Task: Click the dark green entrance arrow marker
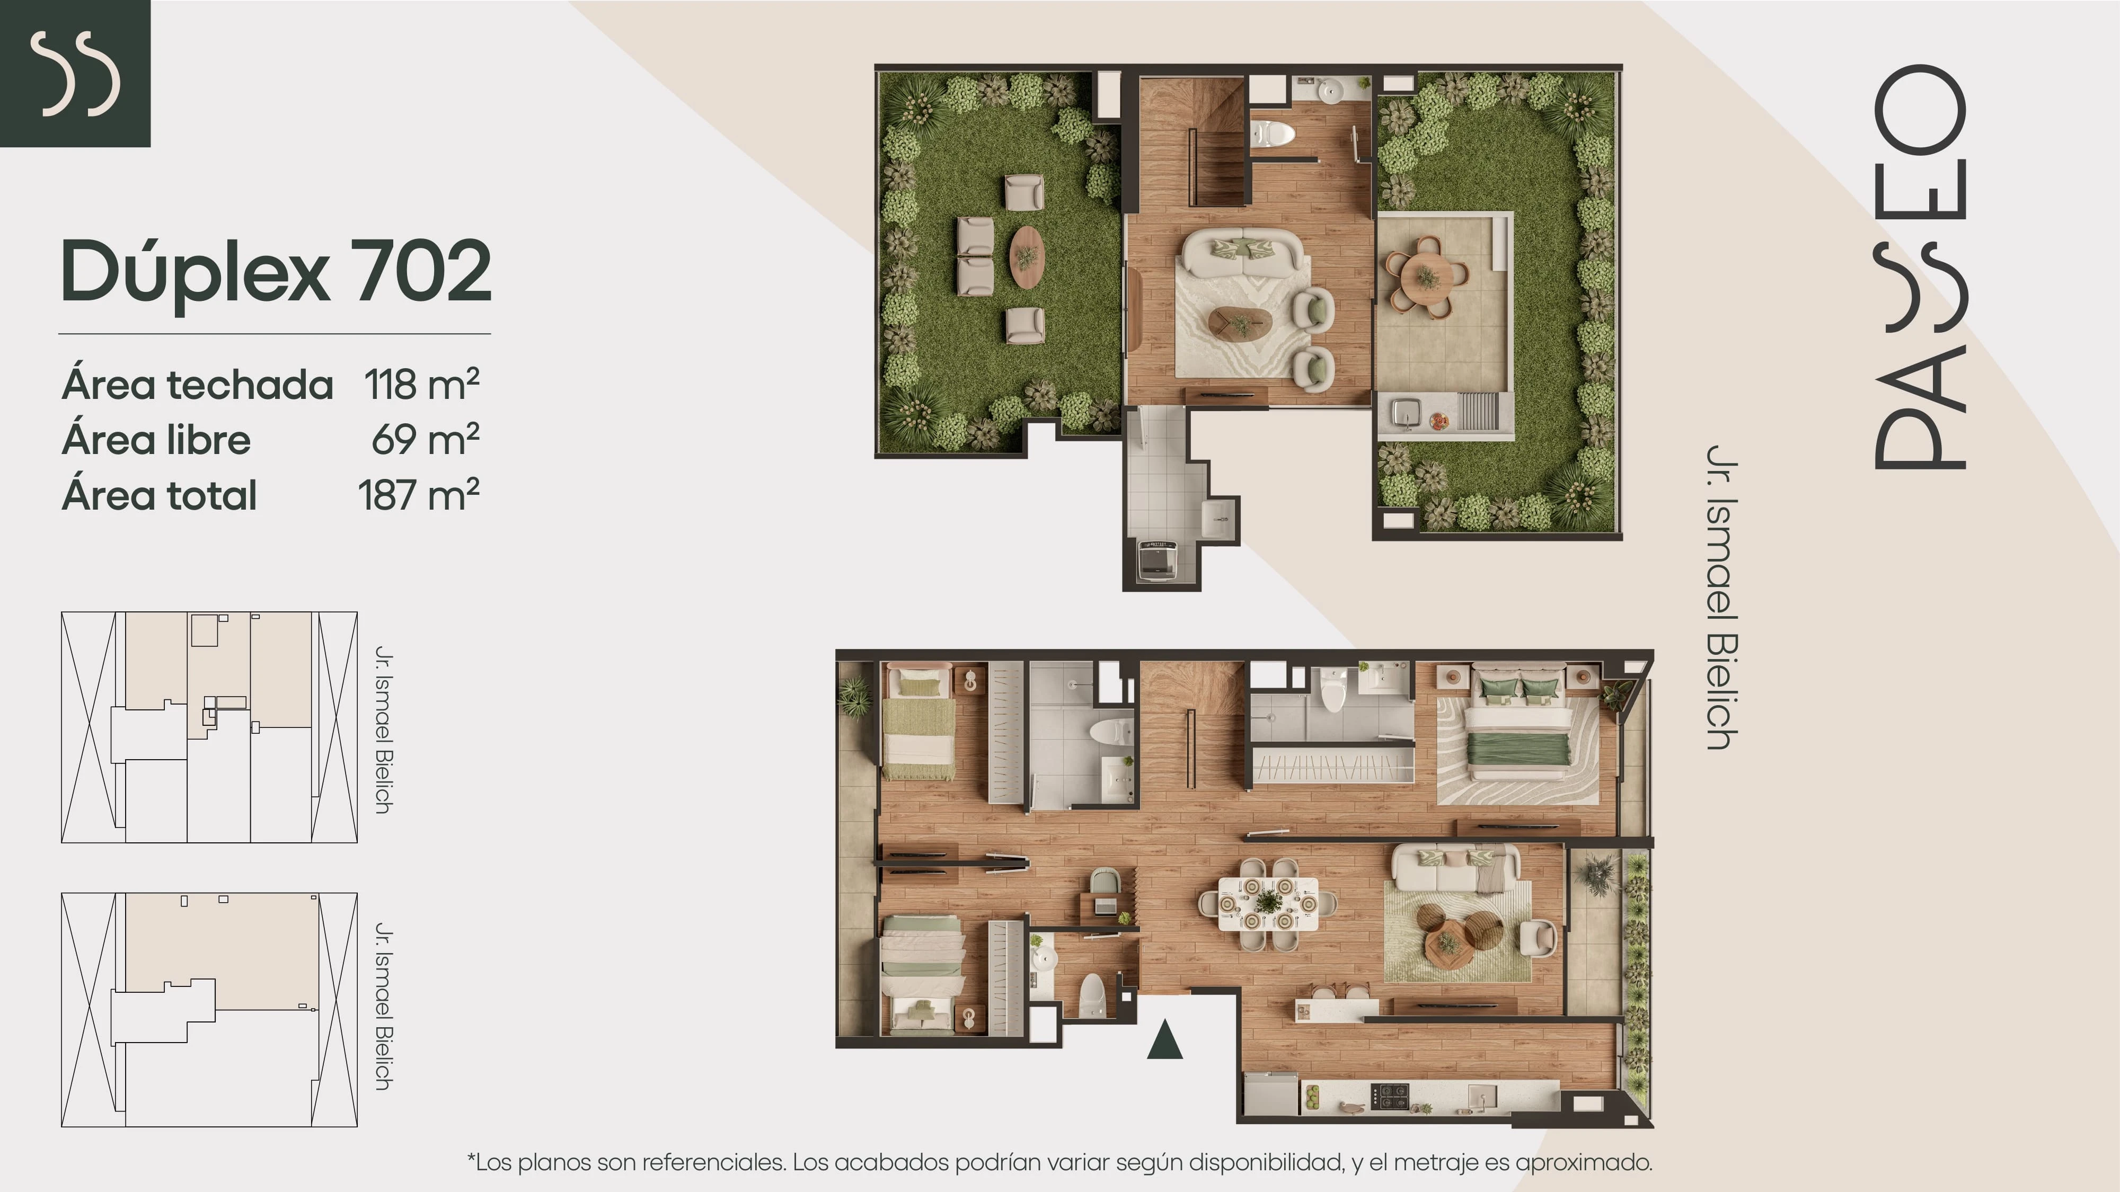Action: [x=1164, y=1040]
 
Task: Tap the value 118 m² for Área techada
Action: [x=421, y=384]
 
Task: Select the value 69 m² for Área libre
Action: [x=426, y=439]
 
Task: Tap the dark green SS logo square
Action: [x=75, y=73]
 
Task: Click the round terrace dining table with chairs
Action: [x=1427, y=277]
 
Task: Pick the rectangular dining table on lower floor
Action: [x=1267, y=903]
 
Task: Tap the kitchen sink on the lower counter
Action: [x=1480, y=1096]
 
